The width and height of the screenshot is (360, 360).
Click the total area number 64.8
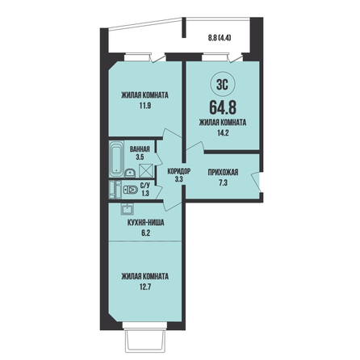point(223,107)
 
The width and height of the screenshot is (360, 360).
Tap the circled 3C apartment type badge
point(223,85)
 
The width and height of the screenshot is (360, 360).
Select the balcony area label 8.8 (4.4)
point(220,38)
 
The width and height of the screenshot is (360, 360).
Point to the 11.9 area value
point(145,106)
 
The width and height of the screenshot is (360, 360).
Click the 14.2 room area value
point(223,132)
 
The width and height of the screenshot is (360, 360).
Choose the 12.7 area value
point(145,287)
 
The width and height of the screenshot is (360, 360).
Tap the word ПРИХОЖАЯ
point(223,172)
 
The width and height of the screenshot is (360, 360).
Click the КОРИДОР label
point(179,171)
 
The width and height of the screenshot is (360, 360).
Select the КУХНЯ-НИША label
point(145,223)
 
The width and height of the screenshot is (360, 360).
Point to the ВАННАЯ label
point(140,149)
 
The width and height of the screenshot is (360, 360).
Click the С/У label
point(145,186)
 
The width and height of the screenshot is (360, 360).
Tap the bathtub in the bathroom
point(116,158)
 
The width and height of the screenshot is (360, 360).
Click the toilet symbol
point(131,190)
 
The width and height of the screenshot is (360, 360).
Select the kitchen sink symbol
point(128,209)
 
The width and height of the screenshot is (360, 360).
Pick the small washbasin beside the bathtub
point(131,173)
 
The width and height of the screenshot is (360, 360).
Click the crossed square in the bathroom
point(146,170)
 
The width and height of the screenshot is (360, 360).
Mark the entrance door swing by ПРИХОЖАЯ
point(256,182)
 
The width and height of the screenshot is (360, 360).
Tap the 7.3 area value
point(223,183)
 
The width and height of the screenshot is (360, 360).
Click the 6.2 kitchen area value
point(145,232)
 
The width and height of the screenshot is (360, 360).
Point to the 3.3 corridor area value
point(179,179)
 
